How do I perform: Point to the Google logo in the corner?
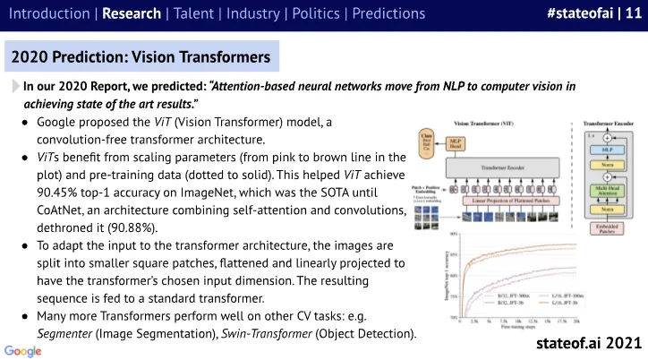tap(19, 348)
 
